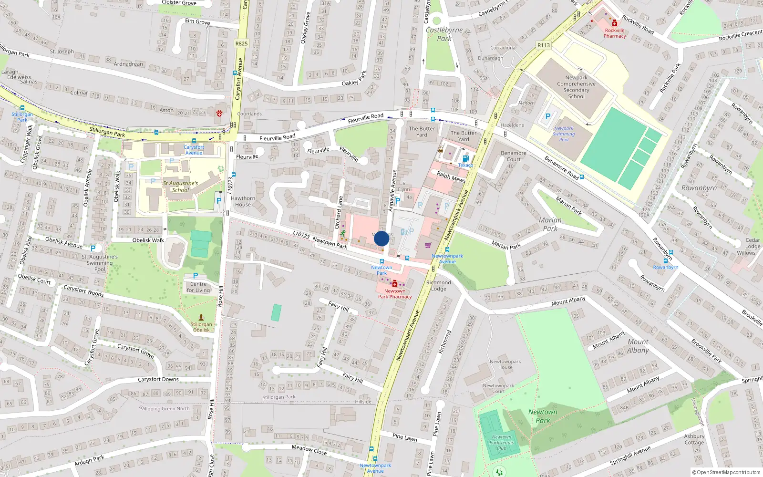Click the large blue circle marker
[x=381, y=238]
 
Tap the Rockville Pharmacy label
[x=615, y=33]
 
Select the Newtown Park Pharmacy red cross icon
[x=395, y=284]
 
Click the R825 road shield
[x=242, y=43]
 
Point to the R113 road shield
[x=544, y=45]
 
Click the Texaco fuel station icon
[x=466, y=158]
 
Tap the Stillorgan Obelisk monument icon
[x=201, y=317]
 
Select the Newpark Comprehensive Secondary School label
[x=576, y=87]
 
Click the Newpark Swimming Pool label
[x=564, y=134]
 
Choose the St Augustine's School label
[x=180, y=187]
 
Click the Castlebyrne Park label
[x=444, y=34]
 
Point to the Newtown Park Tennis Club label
[x=502, y=442]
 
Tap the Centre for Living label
[x=198, y=287]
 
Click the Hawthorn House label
[x=243, y=201]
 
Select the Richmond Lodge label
[x=438, y=285]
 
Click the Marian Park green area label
[x=550, y=224]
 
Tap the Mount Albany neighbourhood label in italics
[x=638, y=346]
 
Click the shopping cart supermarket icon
[x=428, y=245]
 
